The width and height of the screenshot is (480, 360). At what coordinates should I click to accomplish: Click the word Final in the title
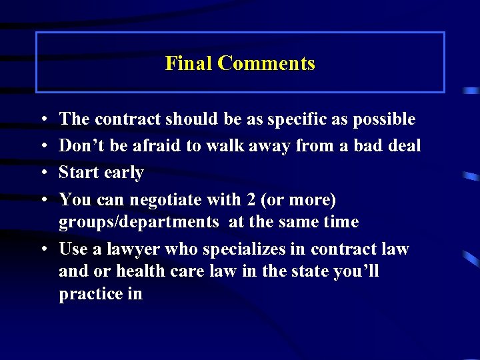pyautogui.click(x=189, y=64)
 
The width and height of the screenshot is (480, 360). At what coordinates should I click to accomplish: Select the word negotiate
pyautogui.click(x=164, y=200)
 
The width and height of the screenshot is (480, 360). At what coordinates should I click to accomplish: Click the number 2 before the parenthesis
pyautogui.click(x=251, y=199)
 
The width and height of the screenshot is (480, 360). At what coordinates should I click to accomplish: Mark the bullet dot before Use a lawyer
pyautogui.click(x=42, y=249)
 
